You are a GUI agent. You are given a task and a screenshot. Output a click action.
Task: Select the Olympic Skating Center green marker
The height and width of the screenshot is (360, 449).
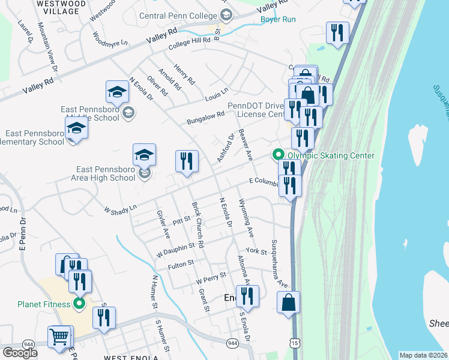coord(279,155)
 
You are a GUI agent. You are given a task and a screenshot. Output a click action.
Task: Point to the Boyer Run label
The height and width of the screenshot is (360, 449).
coord(278,19)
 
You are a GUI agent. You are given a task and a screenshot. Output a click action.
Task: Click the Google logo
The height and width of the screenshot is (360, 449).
coord(19,352)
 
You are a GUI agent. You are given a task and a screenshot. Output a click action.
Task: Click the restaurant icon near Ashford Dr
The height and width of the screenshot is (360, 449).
coord(187,161)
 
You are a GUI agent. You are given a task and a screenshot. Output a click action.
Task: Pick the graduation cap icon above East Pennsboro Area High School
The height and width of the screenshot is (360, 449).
coord(144,155)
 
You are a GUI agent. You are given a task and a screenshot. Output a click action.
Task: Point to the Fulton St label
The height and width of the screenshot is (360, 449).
coord(181,263)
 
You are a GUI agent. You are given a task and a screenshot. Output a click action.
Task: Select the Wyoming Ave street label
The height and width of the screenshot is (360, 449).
coord(246,217)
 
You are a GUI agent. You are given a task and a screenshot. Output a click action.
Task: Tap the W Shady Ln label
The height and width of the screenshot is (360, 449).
coord(120,211)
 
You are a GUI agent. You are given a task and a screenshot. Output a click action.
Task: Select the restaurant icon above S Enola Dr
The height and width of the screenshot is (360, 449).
coord(247,296)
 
